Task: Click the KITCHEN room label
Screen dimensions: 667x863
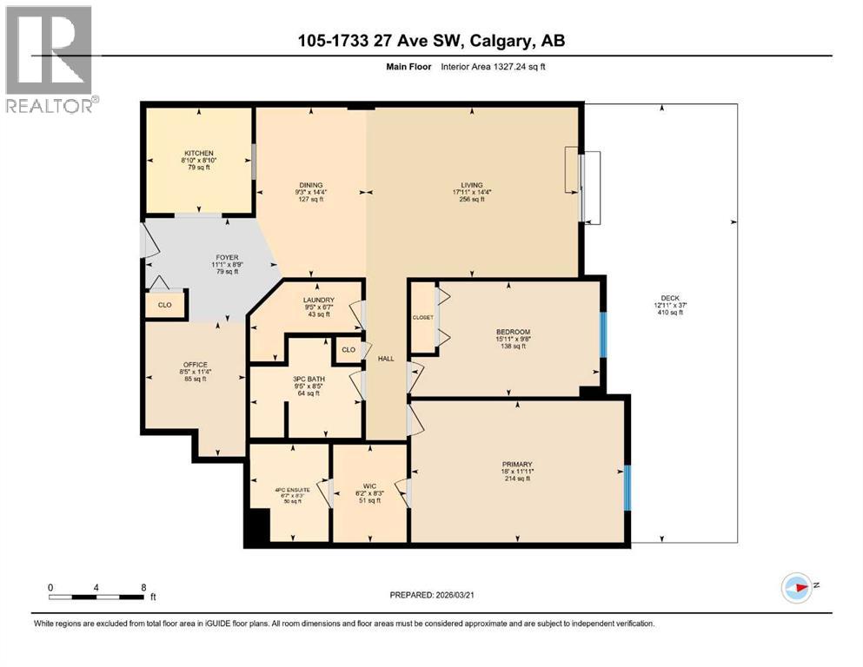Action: tap(198, 153)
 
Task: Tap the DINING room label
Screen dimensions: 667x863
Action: tap(310, 185)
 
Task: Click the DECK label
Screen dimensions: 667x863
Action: tap(670, 298)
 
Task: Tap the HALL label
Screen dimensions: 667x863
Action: tap(386, 358)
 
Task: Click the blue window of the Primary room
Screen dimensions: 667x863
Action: tap(627, 485)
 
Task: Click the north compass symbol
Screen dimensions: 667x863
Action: tap(796, 588)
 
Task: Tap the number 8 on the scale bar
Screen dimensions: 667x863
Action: tap(143, 586)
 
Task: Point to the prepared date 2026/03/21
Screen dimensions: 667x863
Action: tap(435, 595)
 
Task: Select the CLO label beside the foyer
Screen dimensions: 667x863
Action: tap(165, 305)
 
